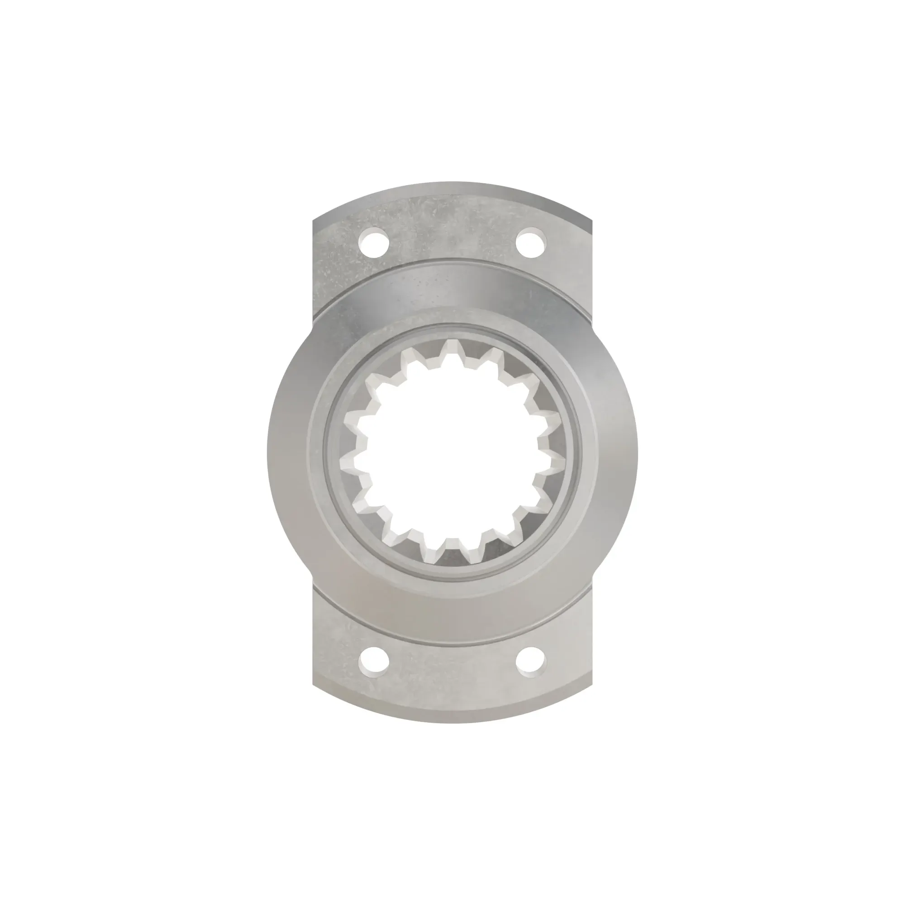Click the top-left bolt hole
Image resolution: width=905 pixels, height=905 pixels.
coord(374,242)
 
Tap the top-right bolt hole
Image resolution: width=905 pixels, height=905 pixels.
coord(531,242)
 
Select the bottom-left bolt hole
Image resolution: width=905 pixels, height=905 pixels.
coord(374,662)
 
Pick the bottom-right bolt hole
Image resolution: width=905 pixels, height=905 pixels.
coord(531,662)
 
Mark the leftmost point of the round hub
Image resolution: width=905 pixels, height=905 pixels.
coord(268,452)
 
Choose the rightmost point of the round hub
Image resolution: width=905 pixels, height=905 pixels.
coord(637,452)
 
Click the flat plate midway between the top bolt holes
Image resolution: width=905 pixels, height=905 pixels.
coord(452,234)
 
